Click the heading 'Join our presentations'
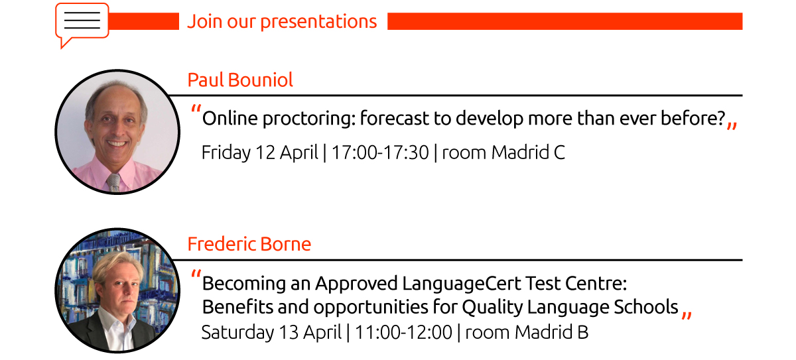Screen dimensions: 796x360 coord(282,22)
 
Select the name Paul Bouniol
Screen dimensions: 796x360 coord(240,80)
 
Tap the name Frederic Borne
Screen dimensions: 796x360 coord(249,244)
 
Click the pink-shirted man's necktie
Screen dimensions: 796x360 coord(113,182)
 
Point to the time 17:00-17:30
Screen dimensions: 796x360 coord(380,152)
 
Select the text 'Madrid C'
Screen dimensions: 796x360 coord(528,152)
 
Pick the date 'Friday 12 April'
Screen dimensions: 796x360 coord(259,153)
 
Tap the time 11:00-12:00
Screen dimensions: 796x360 coord(404,333)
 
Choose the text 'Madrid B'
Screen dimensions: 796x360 coord(551,333)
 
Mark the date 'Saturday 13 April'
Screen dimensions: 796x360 coord(271,333)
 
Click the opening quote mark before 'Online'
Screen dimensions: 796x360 coord(196,108)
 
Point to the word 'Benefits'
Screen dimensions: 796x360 coord(237,307)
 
